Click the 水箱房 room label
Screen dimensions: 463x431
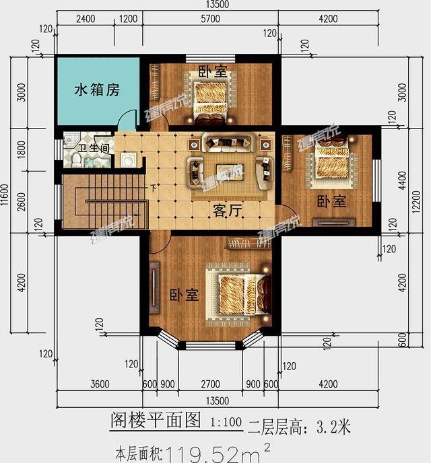97,90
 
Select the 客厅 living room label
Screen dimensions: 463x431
227,210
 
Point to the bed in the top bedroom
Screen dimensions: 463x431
211,99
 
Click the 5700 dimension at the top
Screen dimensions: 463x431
211,19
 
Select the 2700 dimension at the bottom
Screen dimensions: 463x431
211,384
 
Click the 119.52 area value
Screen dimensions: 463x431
202,452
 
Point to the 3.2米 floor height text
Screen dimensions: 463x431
331,425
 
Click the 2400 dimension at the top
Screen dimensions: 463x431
86,19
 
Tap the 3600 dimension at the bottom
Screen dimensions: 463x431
99,384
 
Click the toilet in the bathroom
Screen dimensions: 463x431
77,160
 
